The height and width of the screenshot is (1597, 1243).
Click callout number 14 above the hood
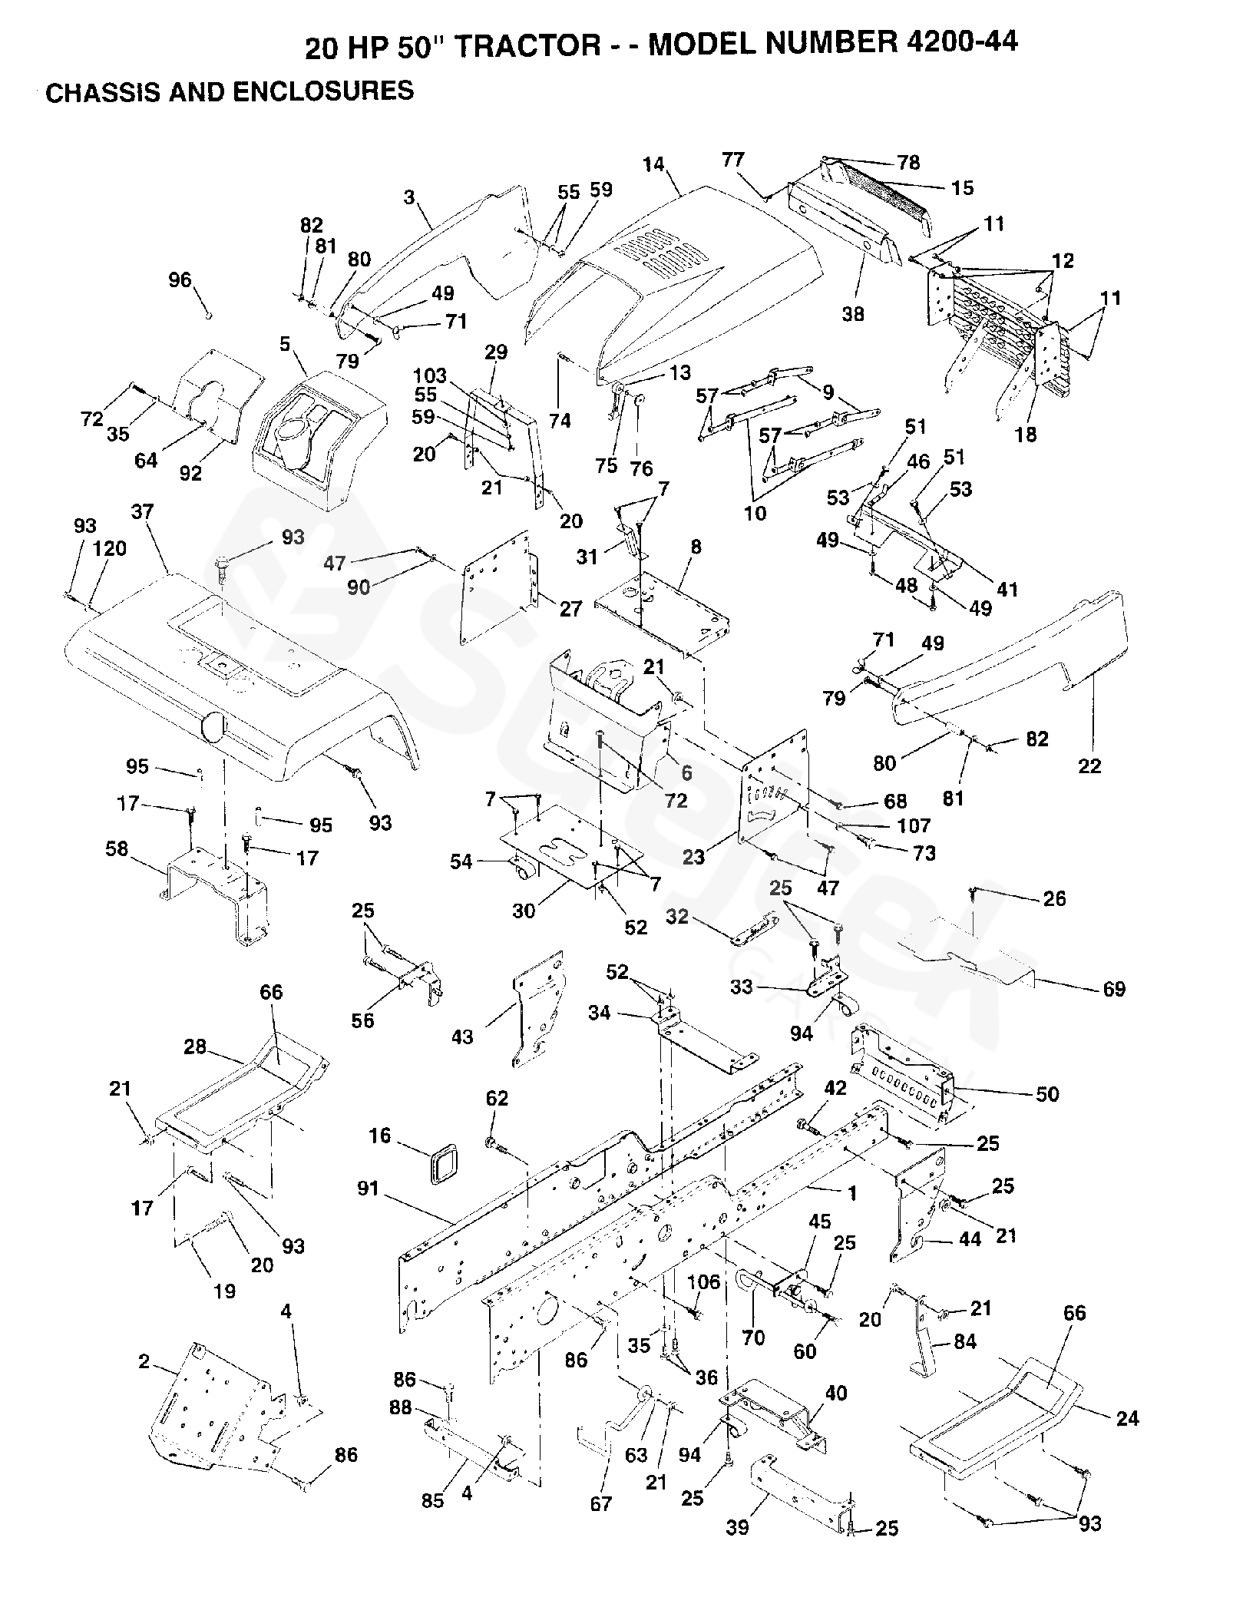[653, 164]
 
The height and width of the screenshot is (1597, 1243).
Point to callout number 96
[180, 280]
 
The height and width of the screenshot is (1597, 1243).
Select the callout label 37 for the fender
[142, 512]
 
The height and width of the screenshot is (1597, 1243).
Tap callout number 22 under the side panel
[1089, 765]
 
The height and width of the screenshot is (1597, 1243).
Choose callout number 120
[110, 549]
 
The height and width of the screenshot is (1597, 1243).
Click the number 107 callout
[914, 825]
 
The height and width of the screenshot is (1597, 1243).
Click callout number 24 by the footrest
[1127, 1418]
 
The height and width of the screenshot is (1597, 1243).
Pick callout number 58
[117, 848]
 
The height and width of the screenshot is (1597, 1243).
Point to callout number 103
[429, 375]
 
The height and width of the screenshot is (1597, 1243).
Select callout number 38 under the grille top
[853, 313]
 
